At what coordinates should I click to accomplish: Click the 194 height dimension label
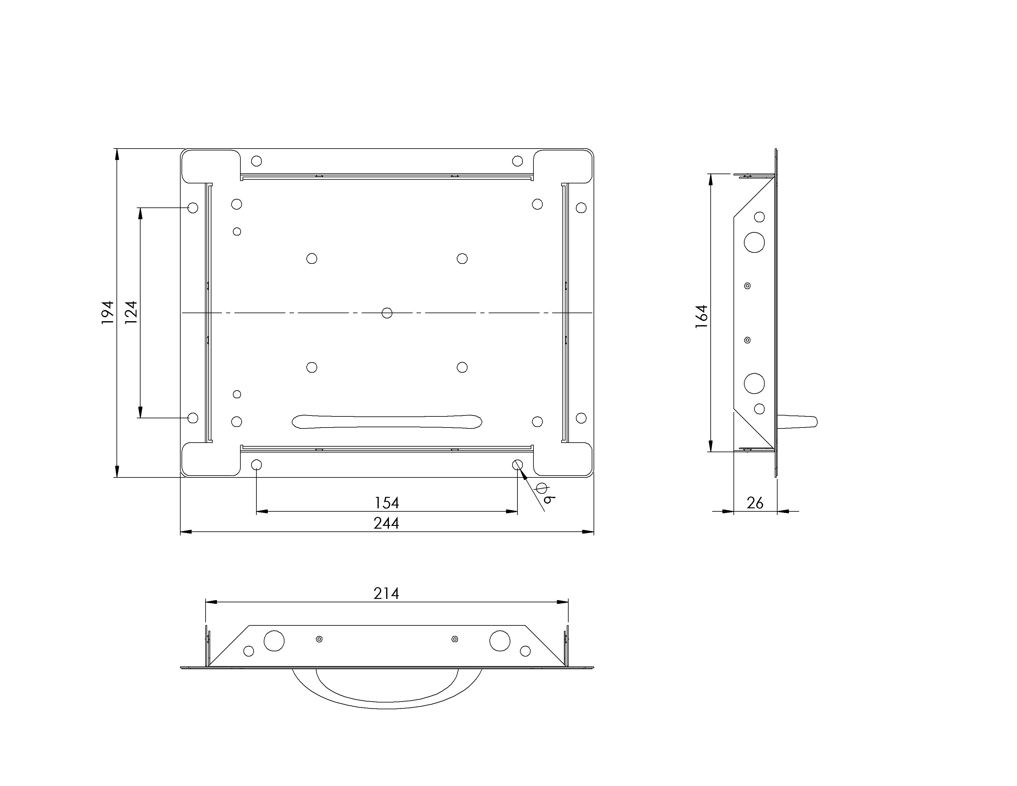[108, 313]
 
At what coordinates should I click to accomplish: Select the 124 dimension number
[131, 313]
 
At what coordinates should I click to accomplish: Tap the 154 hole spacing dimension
[387, 503]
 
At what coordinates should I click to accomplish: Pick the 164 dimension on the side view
[702, 317]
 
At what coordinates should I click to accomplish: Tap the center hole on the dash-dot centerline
[387, 313]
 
